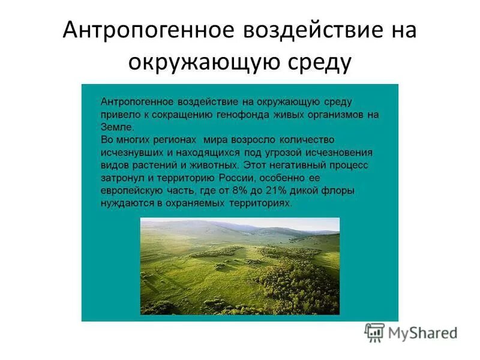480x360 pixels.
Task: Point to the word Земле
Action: tap(117, 127)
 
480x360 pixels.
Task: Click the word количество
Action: tap(304, 139)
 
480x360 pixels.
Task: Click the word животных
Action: tap(214, 164)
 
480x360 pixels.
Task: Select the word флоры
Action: tap(338, 190)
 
